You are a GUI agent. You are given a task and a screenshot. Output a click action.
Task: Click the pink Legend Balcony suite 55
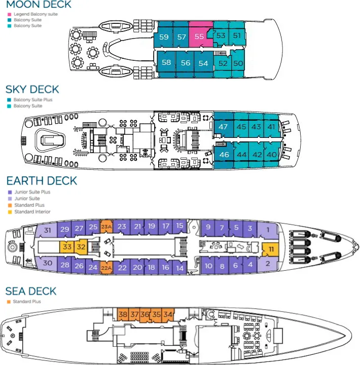pos(199,36)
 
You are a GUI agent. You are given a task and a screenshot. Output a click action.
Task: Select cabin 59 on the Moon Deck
pos(164,37)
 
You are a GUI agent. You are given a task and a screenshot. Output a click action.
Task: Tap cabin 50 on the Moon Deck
pos(238,63)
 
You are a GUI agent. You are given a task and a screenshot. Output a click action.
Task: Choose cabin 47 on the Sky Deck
pos(223,127)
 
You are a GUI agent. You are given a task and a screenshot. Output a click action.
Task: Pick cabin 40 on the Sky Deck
pos(272,155)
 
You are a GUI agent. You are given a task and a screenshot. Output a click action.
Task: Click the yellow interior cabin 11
pos(271,249)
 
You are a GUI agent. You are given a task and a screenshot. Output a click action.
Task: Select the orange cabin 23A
pos(106,227)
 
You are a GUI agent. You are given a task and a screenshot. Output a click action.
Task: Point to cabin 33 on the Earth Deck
pos(67,247)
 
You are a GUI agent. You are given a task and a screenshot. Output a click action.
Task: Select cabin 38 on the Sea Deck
pos(123,314)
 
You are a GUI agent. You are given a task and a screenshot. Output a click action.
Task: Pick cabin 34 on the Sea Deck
pos(168,314)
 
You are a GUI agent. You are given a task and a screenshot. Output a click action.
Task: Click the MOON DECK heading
pos(39,5)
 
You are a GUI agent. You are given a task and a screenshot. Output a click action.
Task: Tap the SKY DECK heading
pos(32,89)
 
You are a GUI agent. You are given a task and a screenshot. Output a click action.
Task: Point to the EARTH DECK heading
pos(41,181)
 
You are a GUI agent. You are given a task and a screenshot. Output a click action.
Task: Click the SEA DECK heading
pos(31,291)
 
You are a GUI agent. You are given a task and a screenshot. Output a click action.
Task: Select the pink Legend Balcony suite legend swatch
pos(9,14)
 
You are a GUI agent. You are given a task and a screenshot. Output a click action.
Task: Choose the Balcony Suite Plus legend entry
pos(32,100)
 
